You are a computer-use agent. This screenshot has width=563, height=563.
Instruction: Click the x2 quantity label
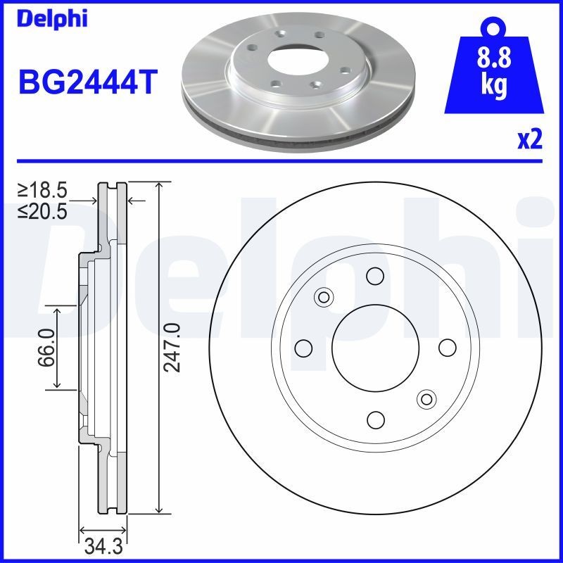(530, 141)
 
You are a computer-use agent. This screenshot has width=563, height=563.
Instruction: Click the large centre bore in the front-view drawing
(375, 348)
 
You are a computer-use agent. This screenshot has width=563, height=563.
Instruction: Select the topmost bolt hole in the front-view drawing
(375, 275)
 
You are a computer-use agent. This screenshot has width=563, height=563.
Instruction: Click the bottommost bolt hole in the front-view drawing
(375, 420)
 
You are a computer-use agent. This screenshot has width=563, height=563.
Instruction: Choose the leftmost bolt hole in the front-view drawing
(303, 348)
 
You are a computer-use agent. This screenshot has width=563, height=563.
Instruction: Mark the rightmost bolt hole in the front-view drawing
(447, 348)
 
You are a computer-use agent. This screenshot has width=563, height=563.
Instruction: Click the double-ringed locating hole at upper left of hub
(324, 297)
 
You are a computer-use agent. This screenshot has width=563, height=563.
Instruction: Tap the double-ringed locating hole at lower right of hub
(426, 399)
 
